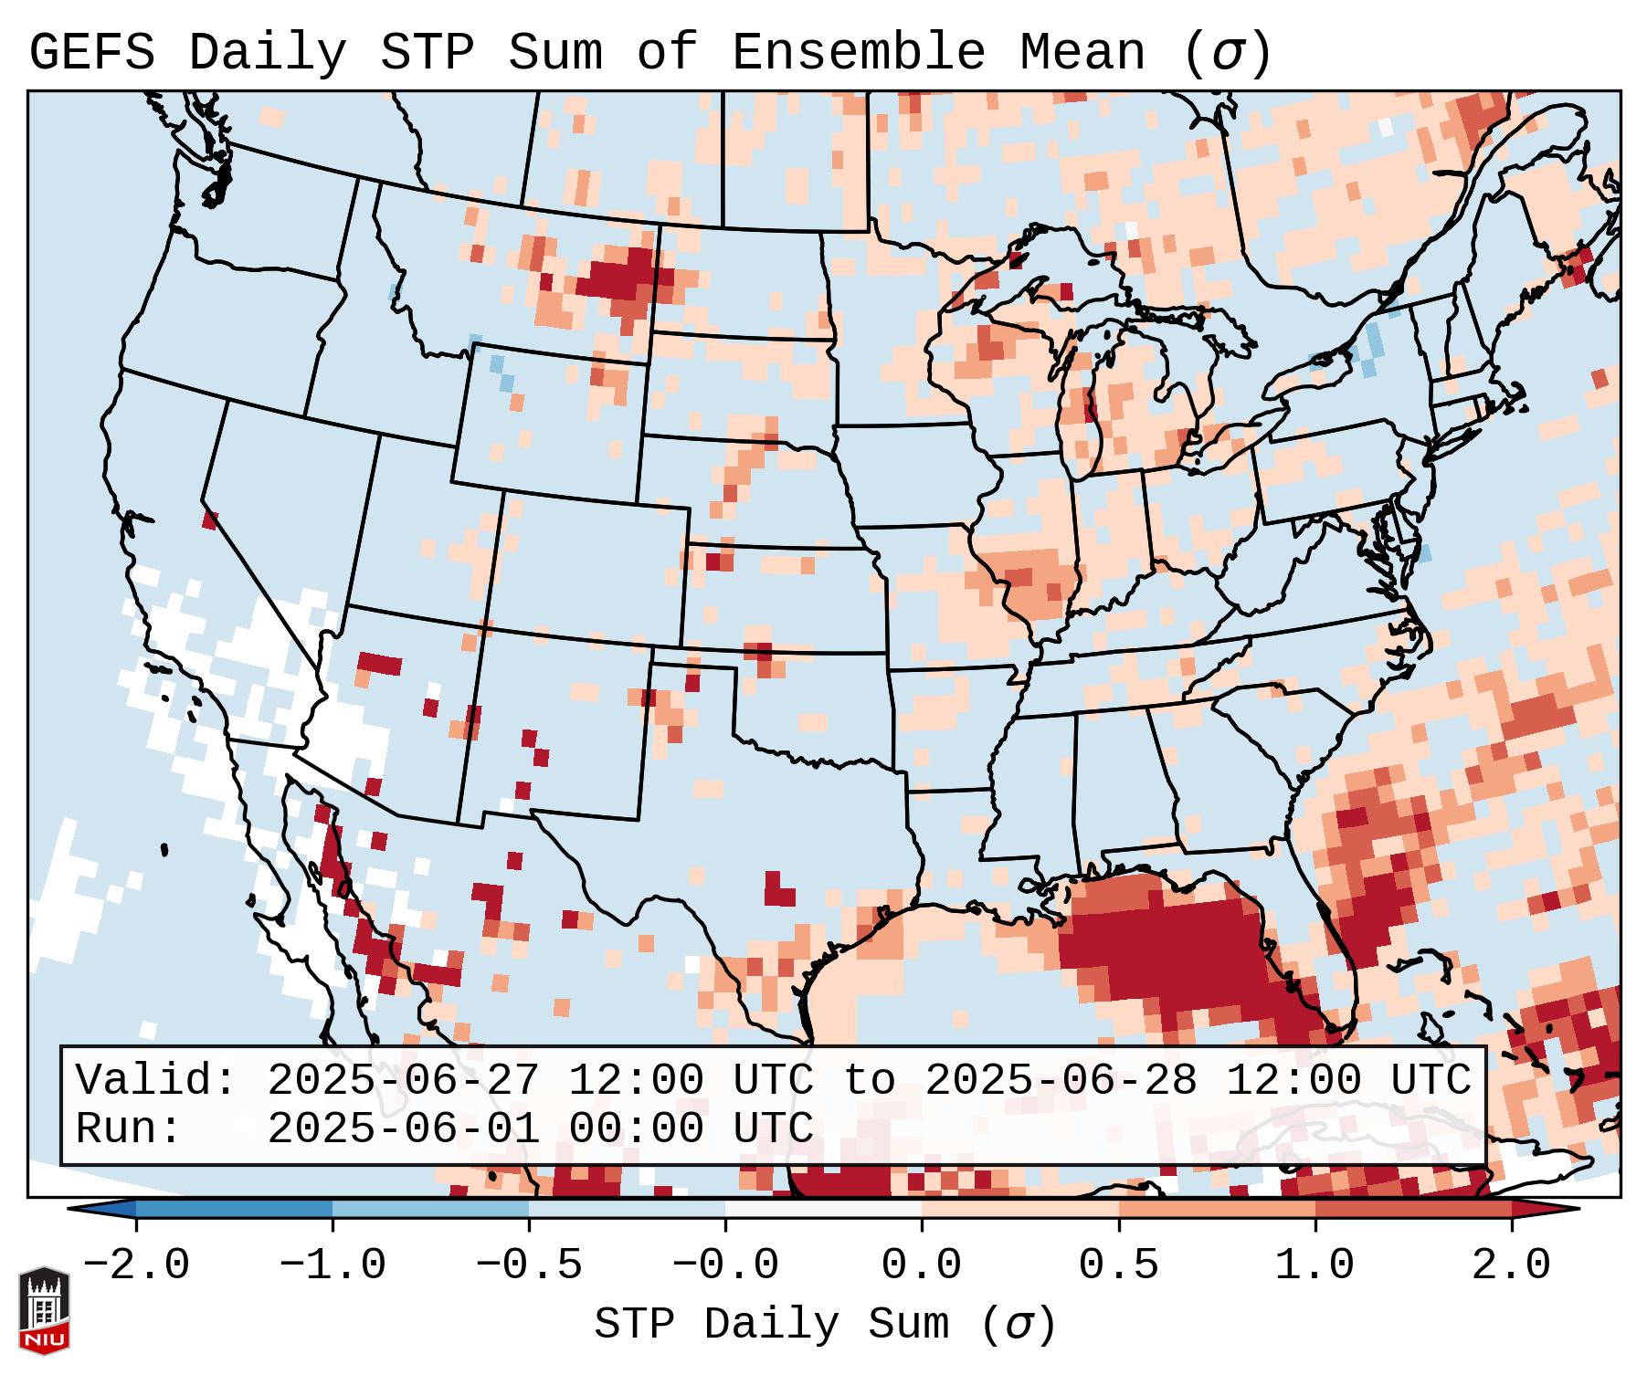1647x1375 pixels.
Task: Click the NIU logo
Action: coord(44,1309)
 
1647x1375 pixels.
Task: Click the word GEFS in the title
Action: coord(92,53)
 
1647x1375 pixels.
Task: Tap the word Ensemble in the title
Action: coord(859,53)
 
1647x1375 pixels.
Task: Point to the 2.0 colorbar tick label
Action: coord(1512,1265)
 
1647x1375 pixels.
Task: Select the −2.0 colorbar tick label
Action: coord(136,1265)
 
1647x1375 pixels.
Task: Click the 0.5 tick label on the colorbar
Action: coord(1118,1265)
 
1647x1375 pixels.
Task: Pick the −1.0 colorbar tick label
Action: coord(333,1265)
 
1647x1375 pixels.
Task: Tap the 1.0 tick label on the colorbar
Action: coord(1314,1265)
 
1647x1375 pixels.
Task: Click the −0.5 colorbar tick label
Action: coord(529,1265)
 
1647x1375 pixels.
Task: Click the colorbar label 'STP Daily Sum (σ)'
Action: coord(825,1325)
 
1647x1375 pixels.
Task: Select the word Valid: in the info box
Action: coord(156,1080)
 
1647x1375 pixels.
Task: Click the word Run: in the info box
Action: coord(129,1128)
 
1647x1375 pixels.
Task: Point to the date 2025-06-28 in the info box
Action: coord(1061,1080)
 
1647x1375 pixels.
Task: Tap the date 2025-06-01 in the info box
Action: coord(403,1128)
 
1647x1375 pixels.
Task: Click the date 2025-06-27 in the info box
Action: coord(403,1080)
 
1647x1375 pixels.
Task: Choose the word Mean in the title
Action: coord(1082,53)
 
